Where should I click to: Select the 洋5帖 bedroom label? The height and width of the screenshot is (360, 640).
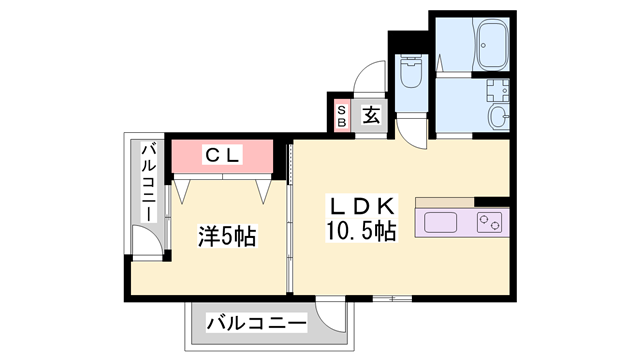coord(226,237)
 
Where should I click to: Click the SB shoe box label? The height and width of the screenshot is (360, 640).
coord(341,115)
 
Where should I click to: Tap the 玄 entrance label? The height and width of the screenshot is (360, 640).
coord(371,115)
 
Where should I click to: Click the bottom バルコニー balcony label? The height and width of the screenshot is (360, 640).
coord(257,322)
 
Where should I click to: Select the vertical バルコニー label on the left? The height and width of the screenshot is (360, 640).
coord(147,184)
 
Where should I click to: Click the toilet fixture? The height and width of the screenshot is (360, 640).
coord(411,72)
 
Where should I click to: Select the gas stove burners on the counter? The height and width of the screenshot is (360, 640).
coord(490,222)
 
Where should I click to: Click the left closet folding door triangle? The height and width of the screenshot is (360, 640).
coord(186,189)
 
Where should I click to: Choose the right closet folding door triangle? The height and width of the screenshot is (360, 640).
coord(264,189)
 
